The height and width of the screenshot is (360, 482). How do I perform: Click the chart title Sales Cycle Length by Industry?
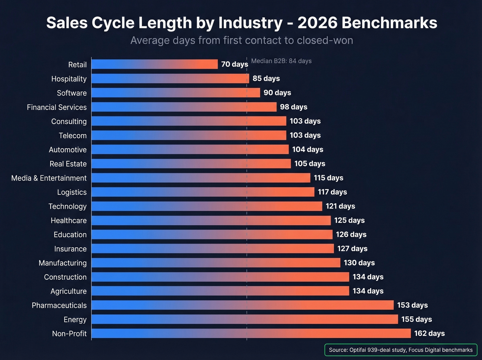click(241, 23)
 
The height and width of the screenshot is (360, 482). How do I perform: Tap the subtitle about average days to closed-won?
click(241, 41)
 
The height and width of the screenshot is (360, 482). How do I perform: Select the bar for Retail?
click(155, 64)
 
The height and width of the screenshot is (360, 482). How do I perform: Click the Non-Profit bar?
click(251, 333)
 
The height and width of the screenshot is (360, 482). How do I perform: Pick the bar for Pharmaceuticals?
click(242, 305)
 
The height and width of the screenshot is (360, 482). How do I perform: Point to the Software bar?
click(176, 93)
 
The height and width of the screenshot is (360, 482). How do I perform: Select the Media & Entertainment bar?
click(201, 178)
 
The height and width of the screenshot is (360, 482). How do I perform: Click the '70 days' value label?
click(234, 64)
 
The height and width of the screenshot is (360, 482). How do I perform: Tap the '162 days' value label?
click(429, 333)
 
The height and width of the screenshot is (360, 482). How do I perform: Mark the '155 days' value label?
click(417, 319)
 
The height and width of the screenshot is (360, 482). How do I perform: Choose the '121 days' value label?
click(340, 206)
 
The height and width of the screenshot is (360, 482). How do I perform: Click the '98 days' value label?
click(293, 107)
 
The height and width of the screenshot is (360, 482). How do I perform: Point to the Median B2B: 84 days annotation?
click(281, 61)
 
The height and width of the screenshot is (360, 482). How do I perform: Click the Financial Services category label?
click(57, 107)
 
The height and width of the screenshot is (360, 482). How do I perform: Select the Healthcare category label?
click(69, 220)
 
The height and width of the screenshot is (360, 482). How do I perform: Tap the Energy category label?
click(75, 320)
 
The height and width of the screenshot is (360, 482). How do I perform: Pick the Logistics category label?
click(72, 192)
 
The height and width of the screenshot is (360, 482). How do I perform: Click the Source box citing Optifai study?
click(401, 350)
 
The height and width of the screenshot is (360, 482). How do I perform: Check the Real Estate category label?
click(68, 164)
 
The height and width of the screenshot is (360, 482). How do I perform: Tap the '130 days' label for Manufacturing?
click(359, 263)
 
